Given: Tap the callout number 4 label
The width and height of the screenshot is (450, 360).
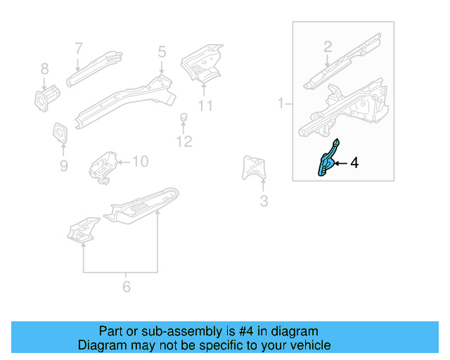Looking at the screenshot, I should coord(354,163).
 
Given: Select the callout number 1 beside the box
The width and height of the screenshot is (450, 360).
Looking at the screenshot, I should coord(281,103).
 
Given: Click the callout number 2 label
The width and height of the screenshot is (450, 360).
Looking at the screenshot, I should coord(327,47).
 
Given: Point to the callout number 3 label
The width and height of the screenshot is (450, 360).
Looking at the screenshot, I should coord(264,202).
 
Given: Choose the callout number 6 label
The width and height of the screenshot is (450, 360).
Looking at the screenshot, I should coord(126,287).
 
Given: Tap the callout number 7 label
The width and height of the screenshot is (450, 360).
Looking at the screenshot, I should coord(79,48).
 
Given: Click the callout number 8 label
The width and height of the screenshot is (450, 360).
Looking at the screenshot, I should coord(44,68).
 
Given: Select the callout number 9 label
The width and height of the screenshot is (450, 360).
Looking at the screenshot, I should coord(63,166).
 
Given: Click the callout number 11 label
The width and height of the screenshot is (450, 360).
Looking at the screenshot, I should coord(205,106).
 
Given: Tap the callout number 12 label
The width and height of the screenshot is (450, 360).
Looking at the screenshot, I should coord(184,142).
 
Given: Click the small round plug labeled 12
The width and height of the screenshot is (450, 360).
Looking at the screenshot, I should coord(183,116).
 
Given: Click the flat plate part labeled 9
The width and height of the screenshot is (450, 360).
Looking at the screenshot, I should coord(60,132).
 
